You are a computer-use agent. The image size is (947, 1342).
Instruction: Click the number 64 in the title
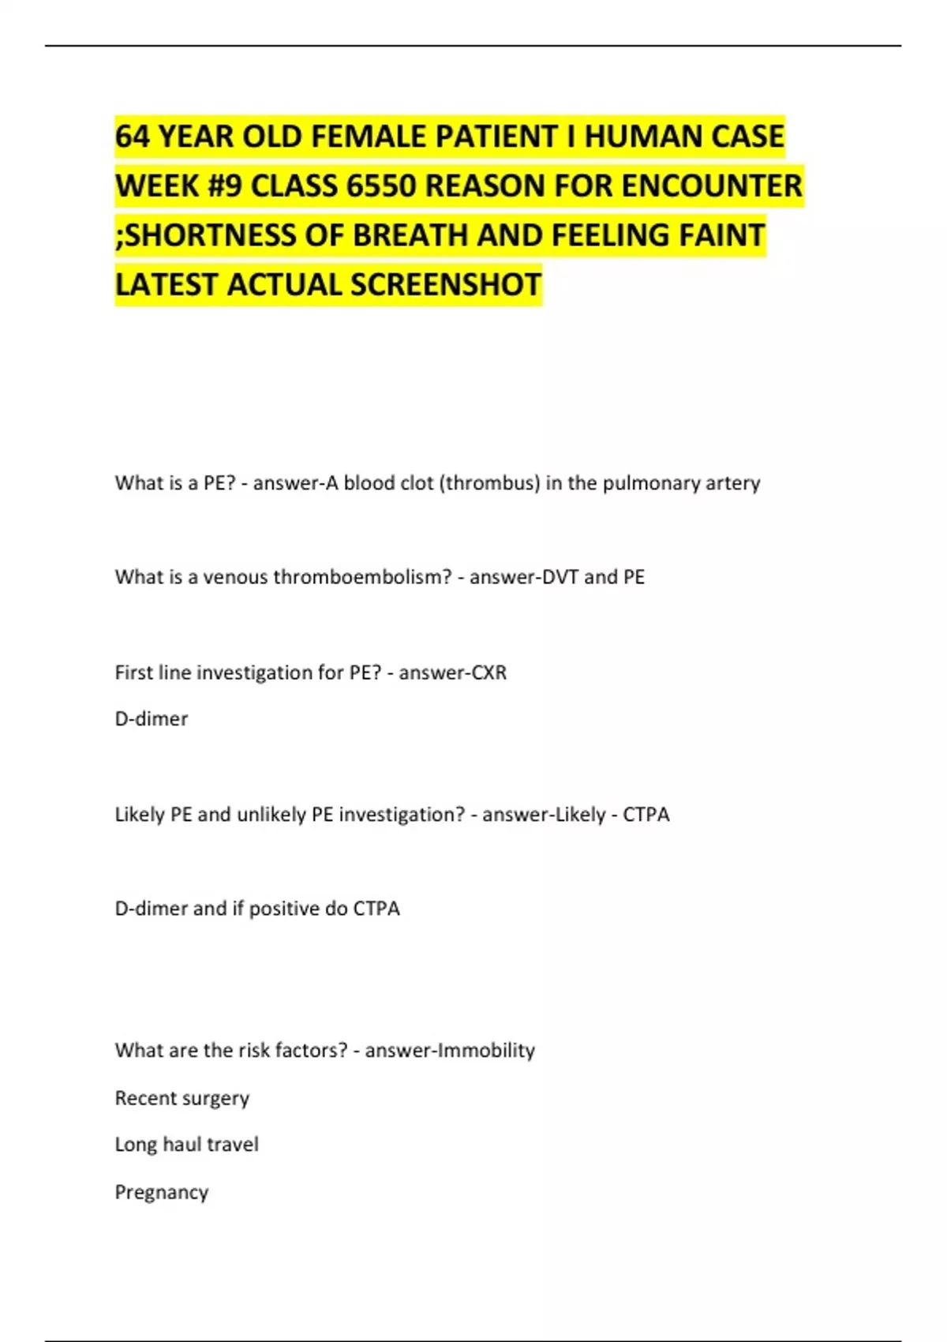pos(132,137)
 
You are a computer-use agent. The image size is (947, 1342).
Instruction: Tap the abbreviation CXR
pos(488,673)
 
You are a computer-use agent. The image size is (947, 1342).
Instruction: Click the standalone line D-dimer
pos(152,719)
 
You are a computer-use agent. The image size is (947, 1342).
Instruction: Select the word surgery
pos(214,1099)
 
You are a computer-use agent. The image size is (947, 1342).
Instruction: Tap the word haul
pos(182,1145)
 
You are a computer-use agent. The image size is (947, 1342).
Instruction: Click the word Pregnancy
pos(162,1192)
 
